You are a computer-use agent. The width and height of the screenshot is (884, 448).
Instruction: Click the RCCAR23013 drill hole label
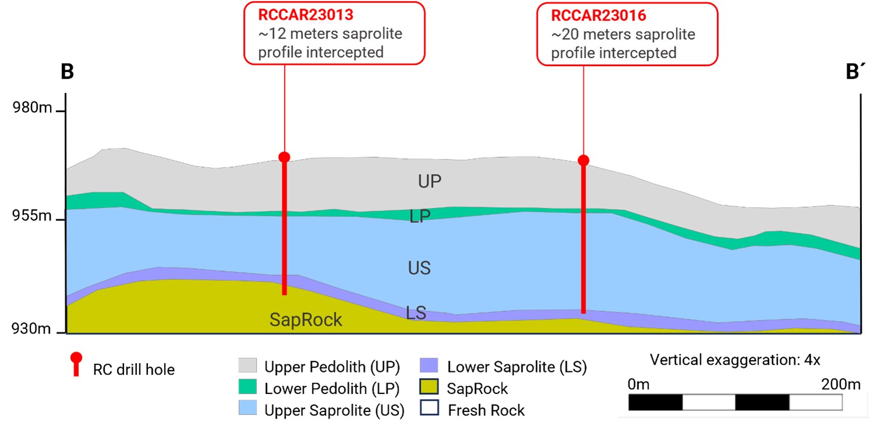click(306, 14)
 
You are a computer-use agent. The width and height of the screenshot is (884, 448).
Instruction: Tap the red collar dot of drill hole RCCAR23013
click(284, 157)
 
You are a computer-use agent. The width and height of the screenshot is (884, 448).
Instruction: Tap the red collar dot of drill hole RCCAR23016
click(583, 160)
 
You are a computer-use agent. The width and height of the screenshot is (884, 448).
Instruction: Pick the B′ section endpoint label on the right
click(855, 72)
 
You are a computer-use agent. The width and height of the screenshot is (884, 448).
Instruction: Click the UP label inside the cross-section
click(429, 182)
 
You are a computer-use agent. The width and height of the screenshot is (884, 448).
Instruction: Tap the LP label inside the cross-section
click(420, 217)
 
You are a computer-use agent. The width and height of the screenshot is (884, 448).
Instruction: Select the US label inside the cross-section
click(419, 268)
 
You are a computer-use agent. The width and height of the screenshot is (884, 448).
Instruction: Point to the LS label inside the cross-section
click(416, 313)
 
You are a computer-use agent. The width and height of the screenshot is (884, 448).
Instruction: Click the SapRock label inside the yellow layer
click(306, 319)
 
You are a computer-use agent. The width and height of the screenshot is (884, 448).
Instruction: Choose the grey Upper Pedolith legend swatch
click(247, 366)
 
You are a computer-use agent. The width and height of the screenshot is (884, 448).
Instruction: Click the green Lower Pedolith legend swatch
click(247, 387)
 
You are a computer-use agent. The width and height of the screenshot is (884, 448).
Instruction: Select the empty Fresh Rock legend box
click(429, 408)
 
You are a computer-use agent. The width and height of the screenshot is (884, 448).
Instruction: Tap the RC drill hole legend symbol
click(76, 365)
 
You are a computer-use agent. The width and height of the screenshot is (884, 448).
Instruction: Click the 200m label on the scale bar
click(840, 384)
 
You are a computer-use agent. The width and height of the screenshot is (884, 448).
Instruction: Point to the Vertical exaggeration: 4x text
click(735, 360)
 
